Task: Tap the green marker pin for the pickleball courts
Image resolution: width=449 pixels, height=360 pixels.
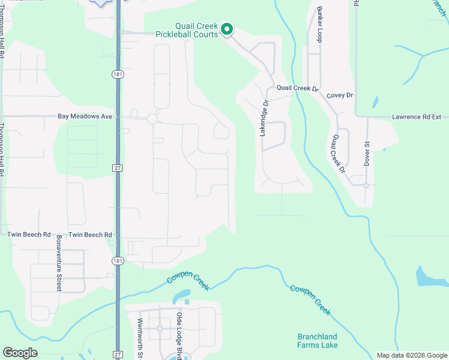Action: pyautogui.click(x=227, y=29)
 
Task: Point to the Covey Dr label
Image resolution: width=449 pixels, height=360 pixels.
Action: pyautogui.click(x=340, y=95)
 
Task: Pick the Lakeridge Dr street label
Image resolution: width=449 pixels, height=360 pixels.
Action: pyautogui.click(x=263, y=118)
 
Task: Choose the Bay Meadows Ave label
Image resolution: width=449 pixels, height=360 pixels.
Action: pyautogui.click(x=85, y=116)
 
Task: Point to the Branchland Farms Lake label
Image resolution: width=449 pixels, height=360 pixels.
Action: pyautogui.click(x=318, y=341)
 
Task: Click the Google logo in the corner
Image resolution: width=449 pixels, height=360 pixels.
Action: pyautogui.click(x=20, y=353)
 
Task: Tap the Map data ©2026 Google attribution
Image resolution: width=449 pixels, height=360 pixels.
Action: pyautogui.click(x=411, y=355)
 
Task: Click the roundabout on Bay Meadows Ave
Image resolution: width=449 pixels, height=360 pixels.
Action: pyautogui.click(x=152, y=119)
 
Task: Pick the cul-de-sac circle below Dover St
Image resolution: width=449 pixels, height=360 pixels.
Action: pyautogui.click(x=366, y=185)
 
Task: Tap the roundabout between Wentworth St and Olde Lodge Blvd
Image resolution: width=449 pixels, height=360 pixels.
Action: pyautogui.click(x=160, y=328)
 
